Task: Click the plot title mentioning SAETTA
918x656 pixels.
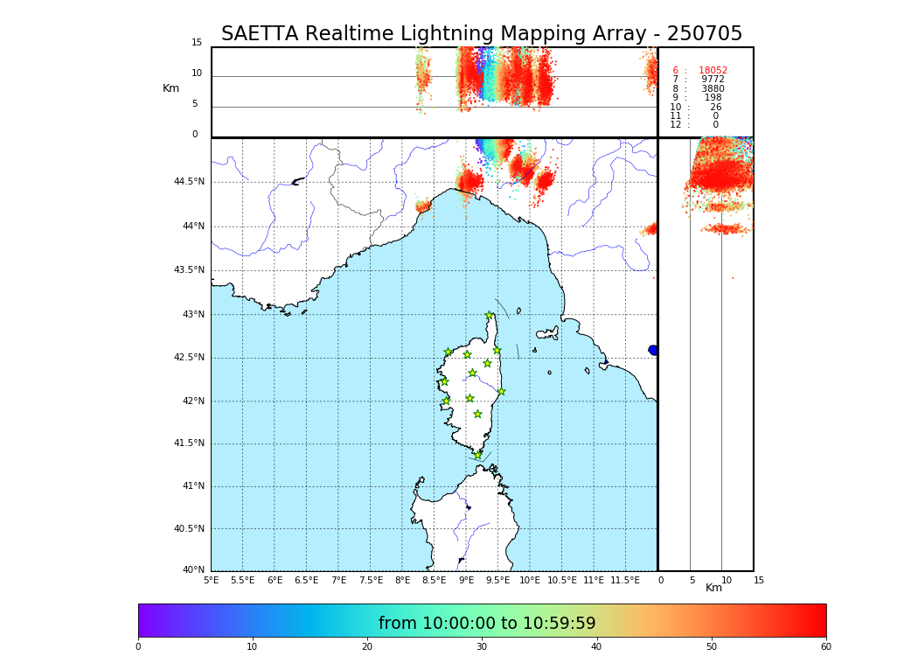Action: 481,34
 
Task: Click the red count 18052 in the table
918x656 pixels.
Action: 713,71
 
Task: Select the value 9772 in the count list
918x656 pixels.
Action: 713,80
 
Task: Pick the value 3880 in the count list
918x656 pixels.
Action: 713,89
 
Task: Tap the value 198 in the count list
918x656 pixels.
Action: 713,98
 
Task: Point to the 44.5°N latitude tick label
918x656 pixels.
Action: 189,182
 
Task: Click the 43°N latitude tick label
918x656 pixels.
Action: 192,315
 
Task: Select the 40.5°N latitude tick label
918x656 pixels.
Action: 189,529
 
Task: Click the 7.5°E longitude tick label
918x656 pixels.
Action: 370,580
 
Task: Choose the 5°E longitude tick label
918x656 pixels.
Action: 211,580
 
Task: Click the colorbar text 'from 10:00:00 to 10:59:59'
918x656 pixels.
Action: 487,624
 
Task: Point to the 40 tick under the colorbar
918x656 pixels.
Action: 596,647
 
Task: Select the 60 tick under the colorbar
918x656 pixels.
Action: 825,647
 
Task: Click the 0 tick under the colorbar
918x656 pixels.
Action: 138,647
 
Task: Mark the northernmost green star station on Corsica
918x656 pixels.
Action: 490,316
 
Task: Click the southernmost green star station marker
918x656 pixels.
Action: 478,455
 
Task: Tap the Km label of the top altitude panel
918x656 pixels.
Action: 170,88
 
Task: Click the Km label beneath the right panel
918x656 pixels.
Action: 714,588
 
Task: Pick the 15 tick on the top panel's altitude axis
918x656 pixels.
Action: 197,43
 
